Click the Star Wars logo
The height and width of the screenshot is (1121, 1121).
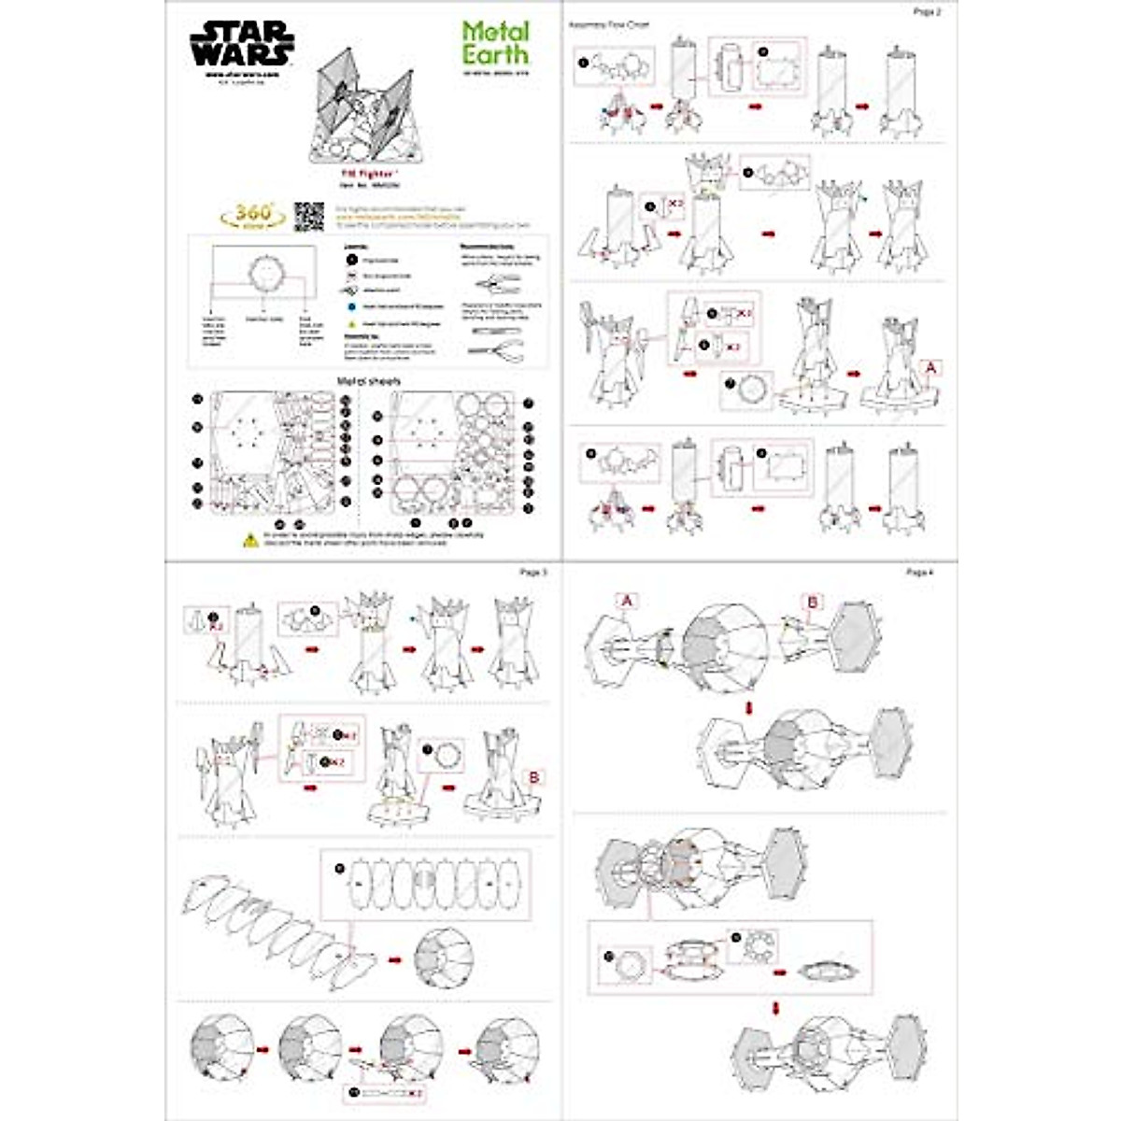point(242,44)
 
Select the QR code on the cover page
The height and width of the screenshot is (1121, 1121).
point(308,216)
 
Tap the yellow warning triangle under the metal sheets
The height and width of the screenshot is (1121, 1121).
point(250,540)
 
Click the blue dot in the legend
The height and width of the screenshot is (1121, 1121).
point(349,305)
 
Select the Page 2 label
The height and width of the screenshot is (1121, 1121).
point(926,12)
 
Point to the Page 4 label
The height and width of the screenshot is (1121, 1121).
point(919,572)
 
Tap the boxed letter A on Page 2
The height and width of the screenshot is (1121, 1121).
point(929,368)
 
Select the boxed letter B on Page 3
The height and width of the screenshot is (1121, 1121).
point(534,777)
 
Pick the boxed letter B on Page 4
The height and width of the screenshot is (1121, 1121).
point(812,603)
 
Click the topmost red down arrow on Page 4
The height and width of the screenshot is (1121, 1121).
point(748,707)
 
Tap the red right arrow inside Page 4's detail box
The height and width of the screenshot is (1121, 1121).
point(779,972)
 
